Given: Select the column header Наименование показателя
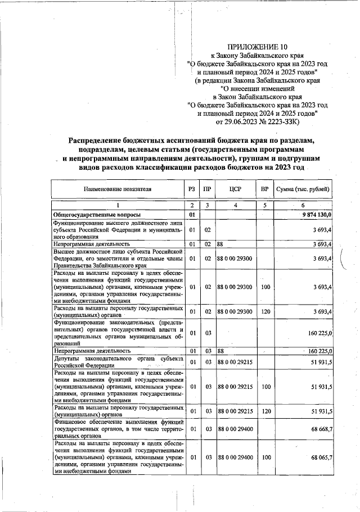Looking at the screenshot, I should [118, 189].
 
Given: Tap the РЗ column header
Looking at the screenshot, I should [192, 189].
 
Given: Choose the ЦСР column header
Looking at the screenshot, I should [236, 189].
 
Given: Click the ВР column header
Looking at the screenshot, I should [265, 189].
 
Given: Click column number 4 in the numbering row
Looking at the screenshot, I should [236, 205].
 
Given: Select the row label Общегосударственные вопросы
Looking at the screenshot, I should [93, 215].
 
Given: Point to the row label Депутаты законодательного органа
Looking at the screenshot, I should [118, 361].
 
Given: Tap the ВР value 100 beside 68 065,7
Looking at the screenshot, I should [265, 458].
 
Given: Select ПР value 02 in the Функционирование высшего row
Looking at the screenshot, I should [207, 229].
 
